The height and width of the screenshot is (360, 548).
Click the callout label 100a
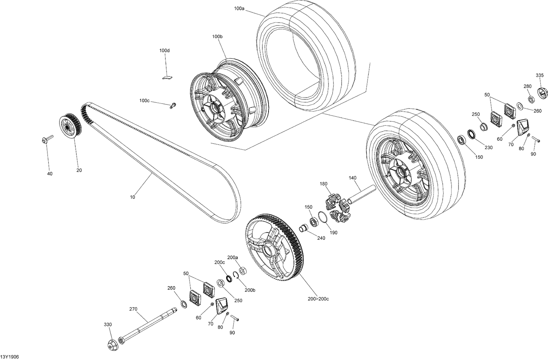(x=239, y=8)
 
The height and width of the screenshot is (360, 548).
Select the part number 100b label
(x=217, y=37)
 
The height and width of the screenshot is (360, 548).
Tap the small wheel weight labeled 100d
(x=167, y=77)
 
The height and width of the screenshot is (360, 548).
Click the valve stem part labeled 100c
(x=172, y=106)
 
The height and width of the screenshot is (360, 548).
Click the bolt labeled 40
(x=47, y=139)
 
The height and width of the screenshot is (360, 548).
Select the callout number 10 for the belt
(x=132, y=197)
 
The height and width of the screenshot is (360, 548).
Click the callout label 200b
(x=250, y=290)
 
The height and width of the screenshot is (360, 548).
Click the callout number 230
(x=488, y=147)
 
